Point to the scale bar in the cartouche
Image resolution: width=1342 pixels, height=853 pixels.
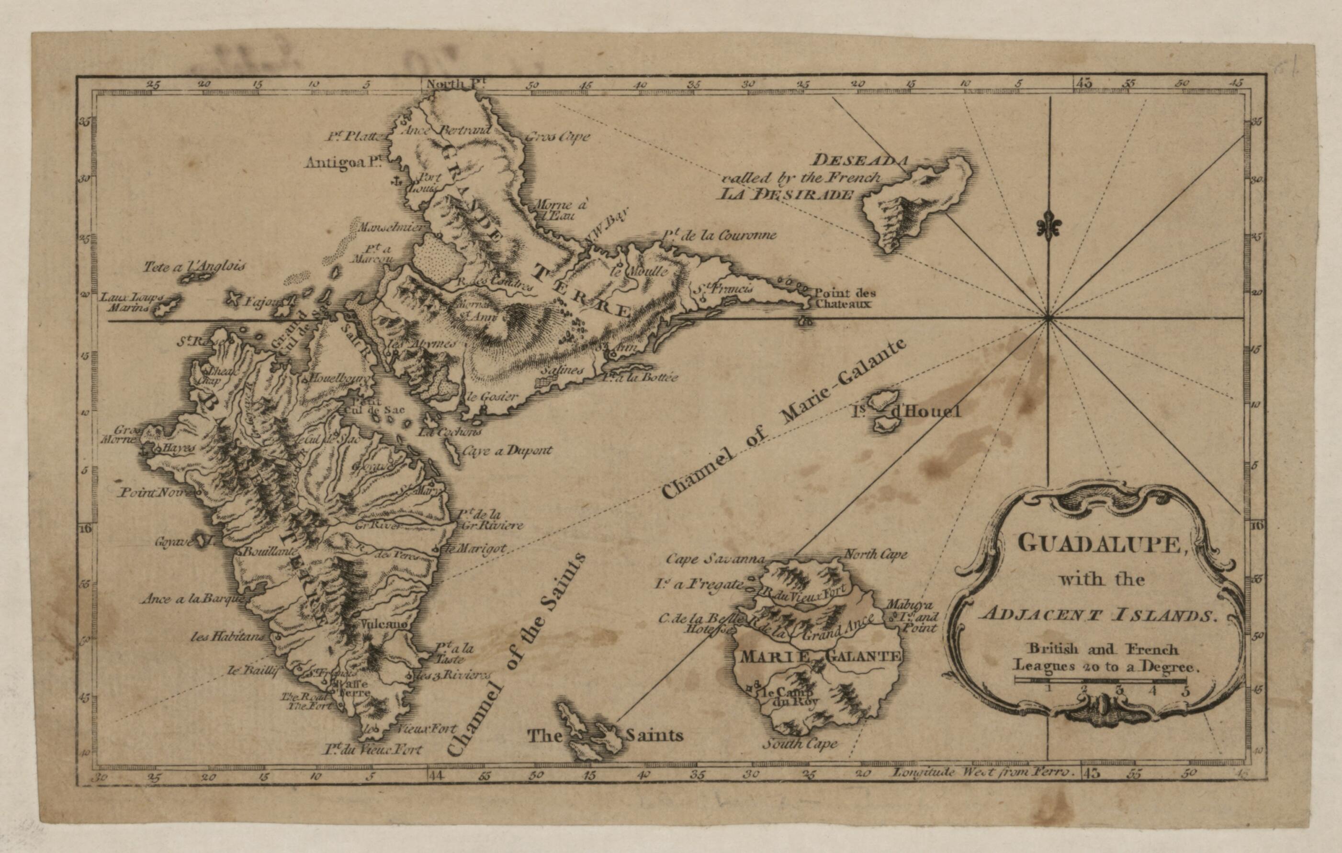(1099, 680)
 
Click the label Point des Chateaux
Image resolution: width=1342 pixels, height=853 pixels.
(845, 299)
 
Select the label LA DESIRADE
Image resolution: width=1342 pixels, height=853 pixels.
(785, 194)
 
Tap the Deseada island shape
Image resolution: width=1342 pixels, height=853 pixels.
(917, 203)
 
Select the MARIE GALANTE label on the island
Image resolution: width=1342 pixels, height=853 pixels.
(819, 656)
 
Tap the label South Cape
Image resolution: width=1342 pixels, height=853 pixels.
(801, 743)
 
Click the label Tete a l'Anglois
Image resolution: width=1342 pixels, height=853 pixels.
(194, 266)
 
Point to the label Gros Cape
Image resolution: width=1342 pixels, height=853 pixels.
(557, 136)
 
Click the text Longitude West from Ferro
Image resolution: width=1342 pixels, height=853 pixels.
(983, 773)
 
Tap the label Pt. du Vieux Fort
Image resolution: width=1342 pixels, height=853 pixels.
(372, 750)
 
